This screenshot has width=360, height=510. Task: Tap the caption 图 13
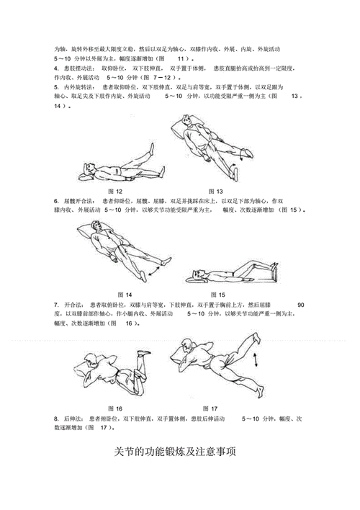click(x=215, y=190)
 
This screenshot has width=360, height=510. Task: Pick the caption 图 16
click(x=114, y=408)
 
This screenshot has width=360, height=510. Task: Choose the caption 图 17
click(x=210, y=408)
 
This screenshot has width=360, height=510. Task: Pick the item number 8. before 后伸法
click(x=55, y=419)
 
